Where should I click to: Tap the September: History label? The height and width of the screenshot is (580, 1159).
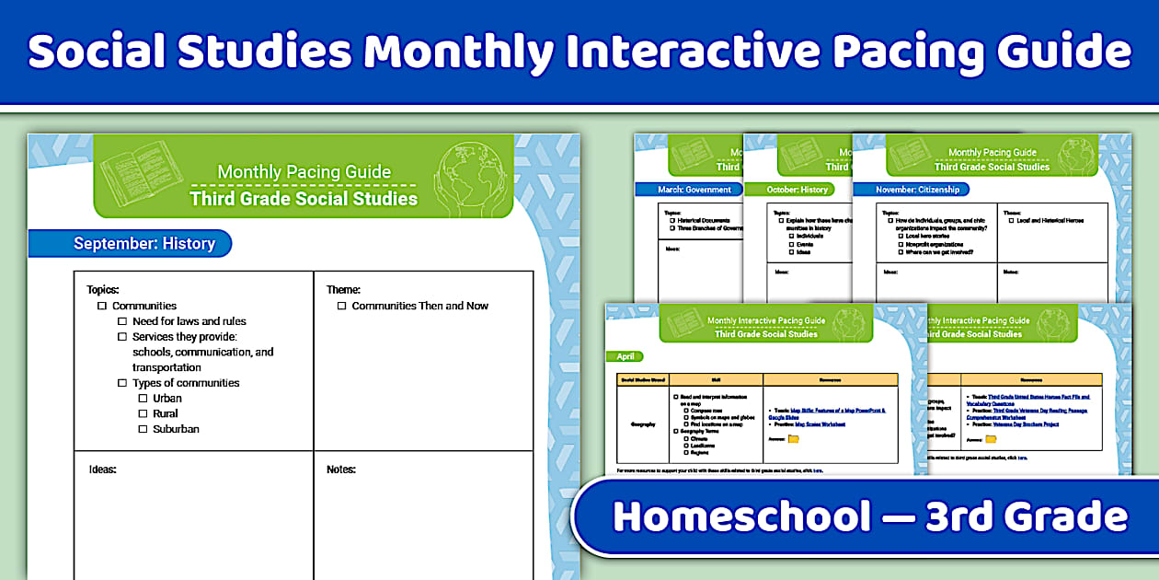(143, 244)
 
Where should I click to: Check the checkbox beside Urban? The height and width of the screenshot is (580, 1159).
(143, 399)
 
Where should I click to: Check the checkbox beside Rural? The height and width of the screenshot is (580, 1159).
(143, 414)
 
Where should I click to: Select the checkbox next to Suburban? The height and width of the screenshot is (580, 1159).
(143, 429)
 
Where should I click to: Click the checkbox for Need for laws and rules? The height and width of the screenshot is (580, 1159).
(122, 321)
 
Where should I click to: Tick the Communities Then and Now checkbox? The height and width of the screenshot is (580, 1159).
(341, 306)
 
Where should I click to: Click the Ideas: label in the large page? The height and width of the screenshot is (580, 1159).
(102, 470)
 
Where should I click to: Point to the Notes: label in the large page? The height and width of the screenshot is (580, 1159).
(340, 470)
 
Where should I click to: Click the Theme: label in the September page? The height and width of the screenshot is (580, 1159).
(343, 290)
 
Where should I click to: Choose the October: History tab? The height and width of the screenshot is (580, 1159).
(798, 190)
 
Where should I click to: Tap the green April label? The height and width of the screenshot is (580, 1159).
(625, 356)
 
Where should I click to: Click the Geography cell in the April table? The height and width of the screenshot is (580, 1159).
(642, 423)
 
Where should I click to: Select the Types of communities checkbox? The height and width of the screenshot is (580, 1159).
(122, 383)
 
